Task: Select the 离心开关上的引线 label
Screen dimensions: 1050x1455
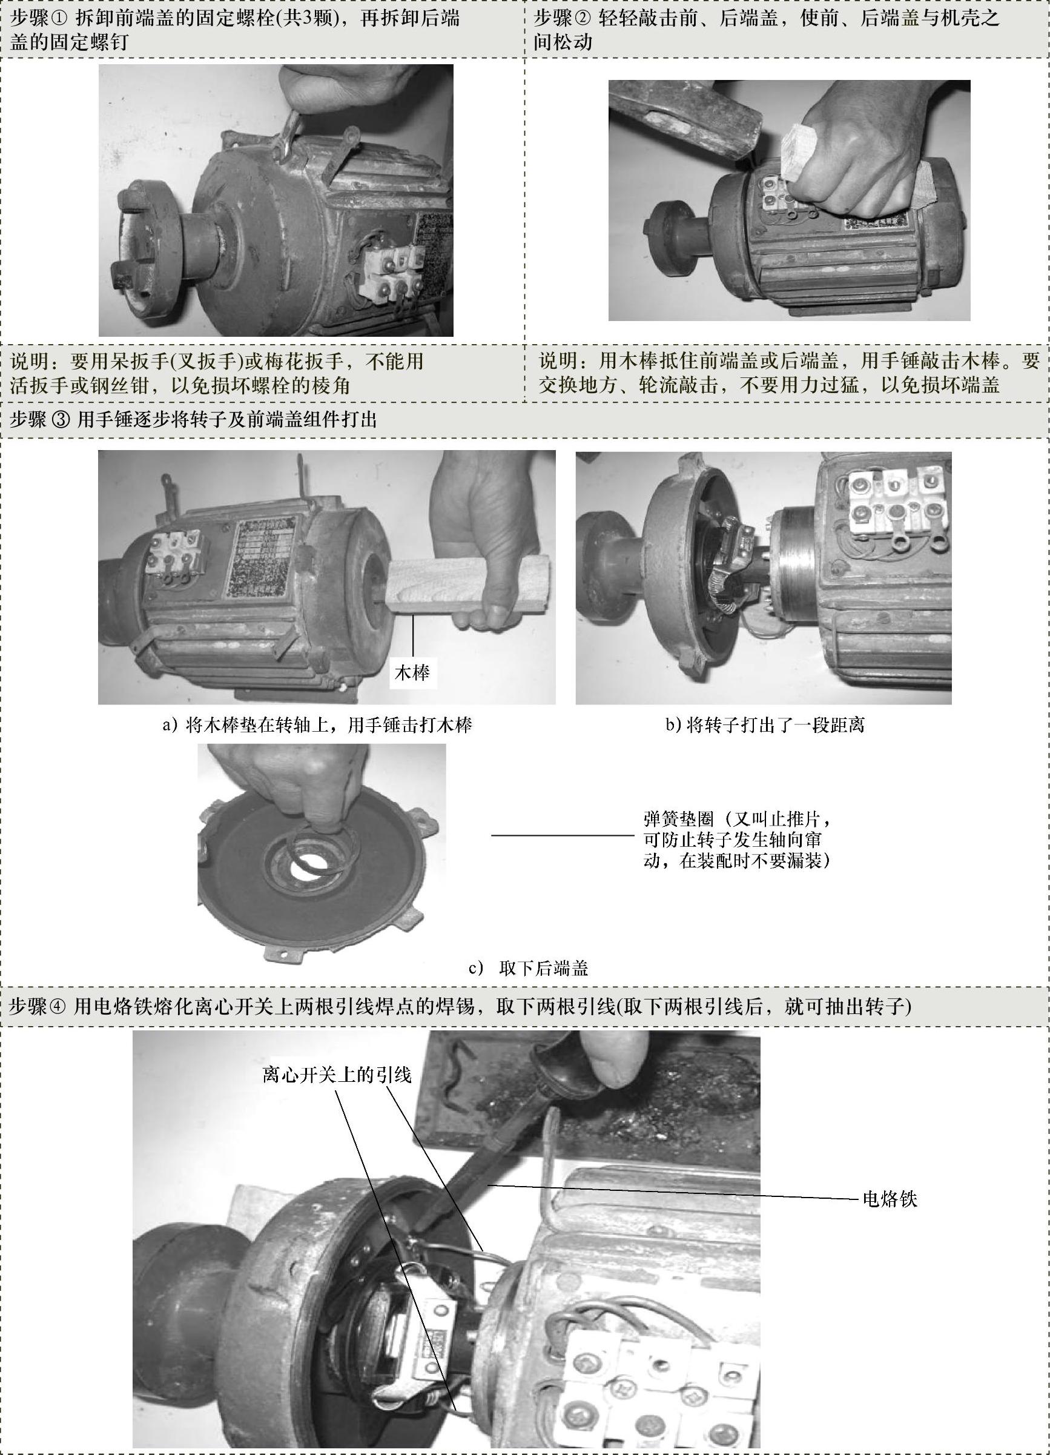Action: [337, 1074]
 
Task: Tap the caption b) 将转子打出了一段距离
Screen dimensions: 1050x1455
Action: [764, 725]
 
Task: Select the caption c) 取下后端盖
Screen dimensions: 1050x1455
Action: [529, 968]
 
